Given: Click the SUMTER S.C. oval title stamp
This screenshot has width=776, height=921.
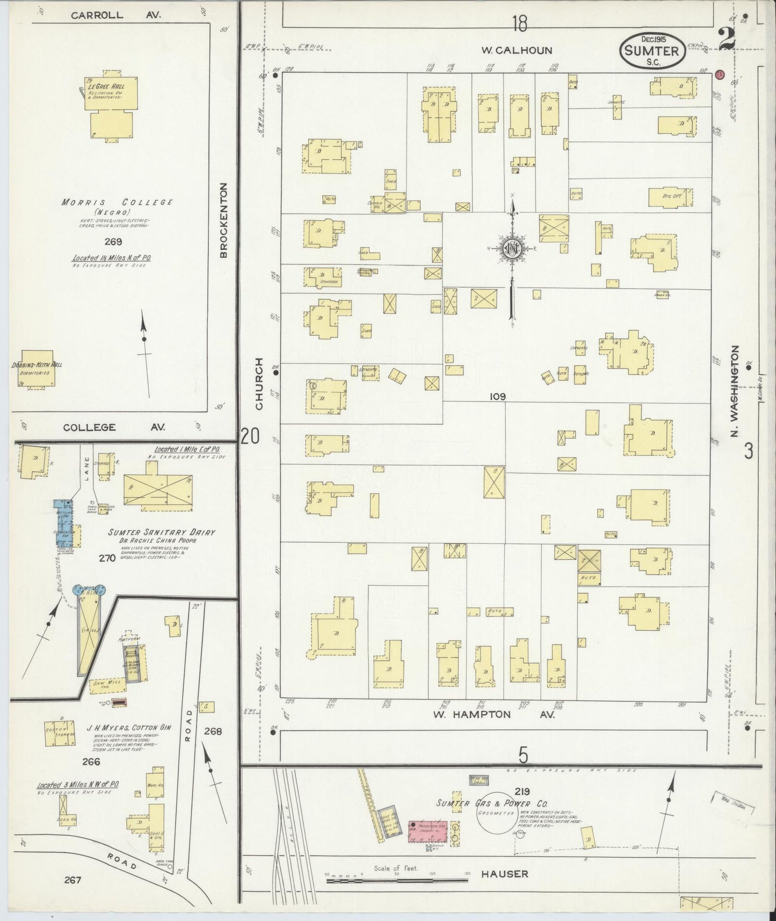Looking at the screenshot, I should tap(652, 51).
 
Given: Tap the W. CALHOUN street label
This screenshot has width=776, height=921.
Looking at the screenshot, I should tap(516, 51).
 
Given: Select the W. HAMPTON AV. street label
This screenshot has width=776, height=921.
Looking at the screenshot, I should tap(493, 715).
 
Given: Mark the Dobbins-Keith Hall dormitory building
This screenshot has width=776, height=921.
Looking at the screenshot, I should tap(36, 369).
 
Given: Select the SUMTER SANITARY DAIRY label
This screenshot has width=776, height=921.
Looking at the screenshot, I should tap(161, 533).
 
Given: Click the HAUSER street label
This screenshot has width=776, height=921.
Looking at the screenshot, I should tap(505, 874).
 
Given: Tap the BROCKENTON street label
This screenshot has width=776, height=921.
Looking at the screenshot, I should tap(224, 220).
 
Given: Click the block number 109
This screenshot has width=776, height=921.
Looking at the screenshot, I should tap(498, 397).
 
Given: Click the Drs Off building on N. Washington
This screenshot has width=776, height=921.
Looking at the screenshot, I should tap(671, 197).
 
